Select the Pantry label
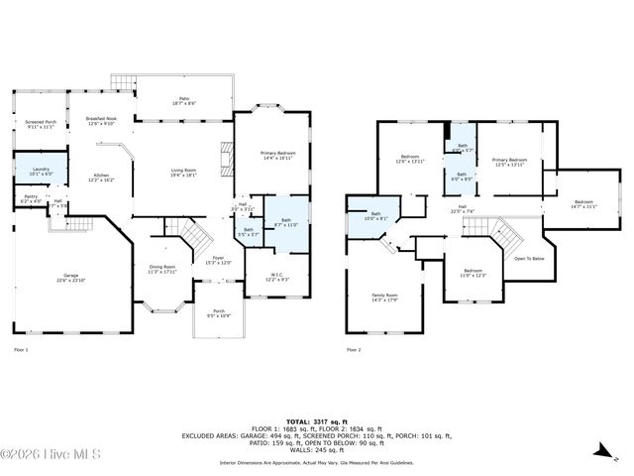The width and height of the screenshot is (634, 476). [x=31, y=199]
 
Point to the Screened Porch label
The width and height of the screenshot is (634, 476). [x=41, y=125]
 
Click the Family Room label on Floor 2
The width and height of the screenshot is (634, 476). [x=384, y=297]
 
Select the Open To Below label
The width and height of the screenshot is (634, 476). [x=529, y=259]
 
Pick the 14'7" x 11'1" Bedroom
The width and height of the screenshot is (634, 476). [x=582, y=204]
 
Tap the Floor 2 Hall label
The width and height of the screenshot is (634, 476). [x=462, y=208]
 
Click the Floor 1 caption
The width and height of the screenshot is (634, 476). [x=21, y=350]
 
